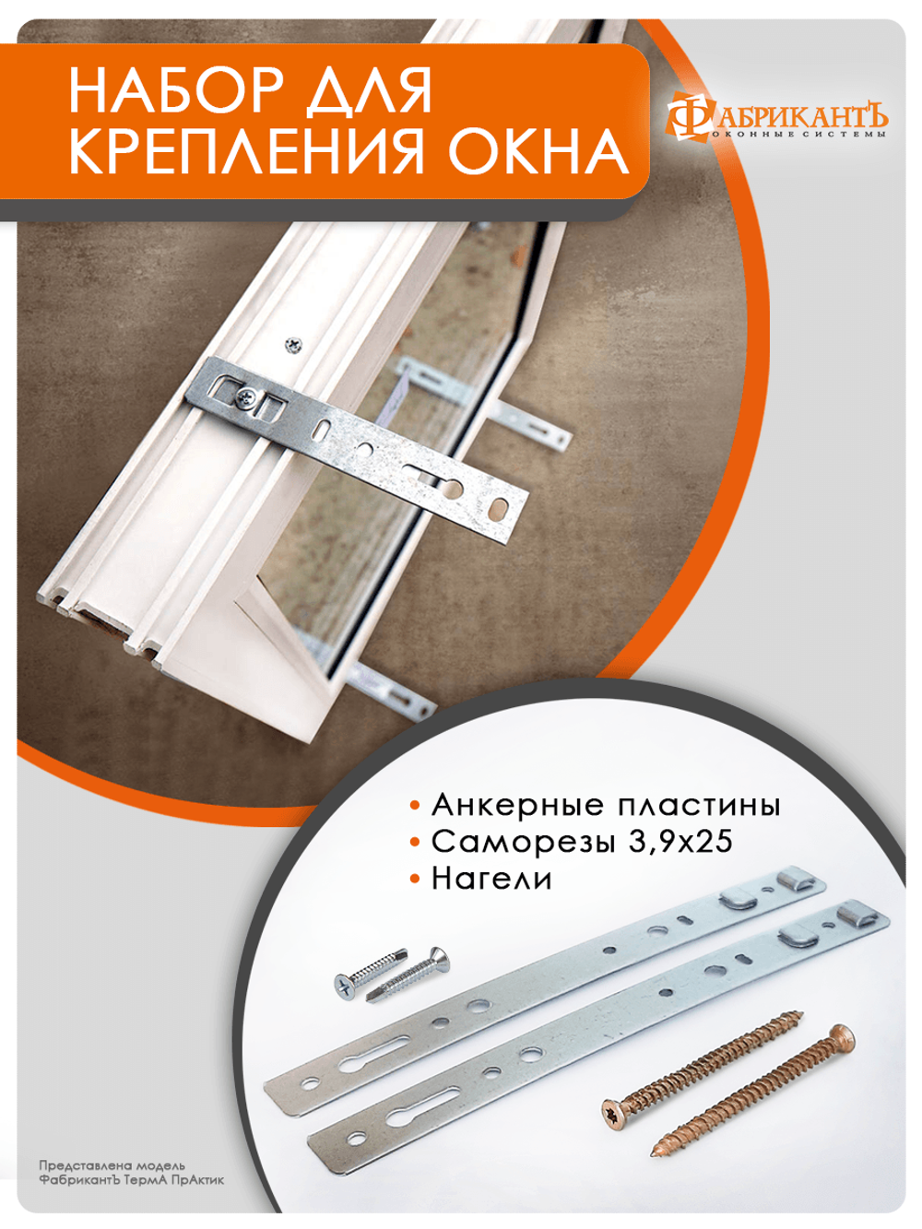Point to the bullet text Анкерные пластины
(606, 805)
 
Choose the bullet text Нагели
(491, 879)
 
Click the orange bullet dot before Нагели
(416, 880)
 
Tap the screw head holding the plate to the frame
(246, 398)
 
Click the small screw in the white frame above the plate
(293, 344)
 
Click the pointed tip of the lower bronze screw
(658, 1150)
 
